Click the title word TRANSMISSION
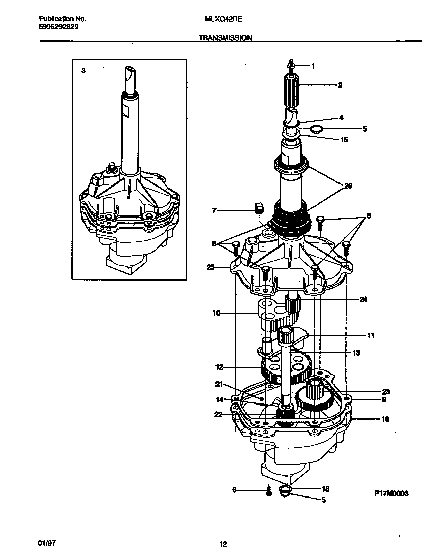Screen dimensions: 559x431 click(x=225, y=38)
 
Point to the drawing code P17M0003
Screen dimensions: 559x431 click(x=391, y=493)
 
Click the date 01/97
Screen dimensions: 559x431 click(x=46, y=543)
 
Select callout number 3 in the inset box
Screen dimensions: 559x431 click(x=83, y=71)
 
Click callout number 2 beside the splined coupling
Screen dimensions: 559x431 click(x=340, y=85)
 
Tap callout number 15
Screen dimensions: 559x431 click(x=344, y=139)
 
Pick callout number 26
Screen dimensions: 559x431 click(x=348, y=185)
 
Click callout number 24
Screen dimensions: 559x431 click(x=363, y=299)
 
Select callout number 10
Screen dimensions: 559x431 click(x=216, y=313)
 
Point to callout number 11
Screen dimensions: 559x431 click(x=371, y=335)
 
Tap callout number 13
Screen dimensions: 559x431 click(x=356, y=352)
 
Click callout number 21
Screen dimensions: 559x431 click(x=219, y=384)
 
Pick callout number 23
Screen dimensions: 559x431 click(x=386, y=391)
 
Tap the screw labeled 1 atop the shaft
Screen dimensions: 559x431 click(x=291, y=65)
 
